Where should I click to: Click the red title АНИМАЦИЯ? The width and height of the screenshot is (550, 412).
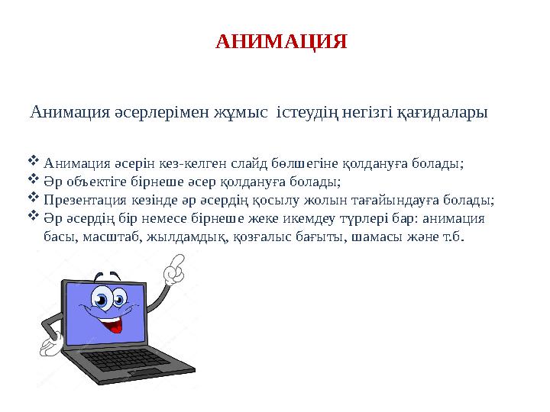pos(281,41)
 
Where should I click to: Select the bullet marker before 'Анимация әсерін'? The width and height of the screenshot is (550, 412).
pos(33,160)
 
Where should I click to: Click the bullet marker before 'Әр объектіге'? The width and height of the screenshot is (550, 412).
pos(33,180)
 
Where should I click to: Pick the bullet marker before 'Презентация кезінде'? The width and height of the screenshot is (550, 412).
pos(33,199)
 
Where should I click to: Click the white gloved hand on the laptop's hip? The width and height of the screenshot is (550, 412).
pos(50,345)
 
